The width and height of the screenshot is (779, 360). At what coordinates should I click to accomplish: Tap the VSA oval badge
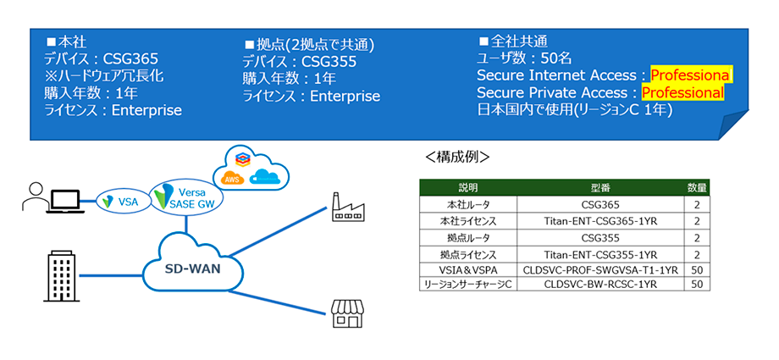click(119, 201)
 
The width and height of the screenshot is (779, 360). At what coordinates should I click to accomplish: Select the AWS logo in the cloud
click(231, 179)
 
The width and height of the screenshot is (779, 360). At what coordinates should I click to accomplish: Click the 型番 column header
click(601, 187)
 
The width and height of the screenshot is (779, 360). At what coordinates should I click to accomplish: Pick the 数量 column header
click(697, 187)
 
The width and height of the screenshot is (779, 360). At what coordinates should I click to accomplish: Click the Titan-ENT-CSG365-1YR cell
click(601, 220)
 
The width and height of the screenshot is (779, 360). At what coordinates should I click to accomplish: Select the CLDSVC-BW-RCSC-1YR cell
click(601, 285)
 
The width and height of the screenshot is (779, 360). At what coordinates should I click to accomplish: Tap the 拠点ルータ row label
click(468, 236)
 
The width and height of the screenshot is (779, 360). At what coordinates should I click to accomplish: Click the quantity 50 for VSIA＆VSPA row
click(696, 269)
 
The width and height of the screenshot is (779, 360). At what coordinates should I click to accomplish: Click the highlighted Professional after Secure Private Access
click(682, 92)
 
